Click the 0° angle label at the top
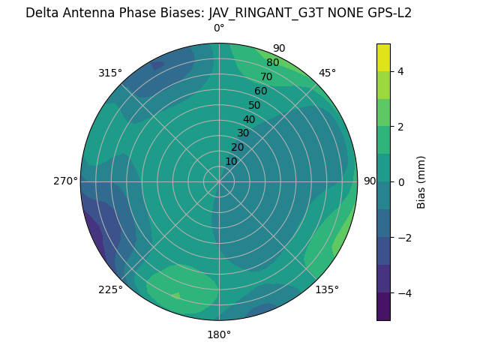219,28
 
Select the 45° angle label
327,73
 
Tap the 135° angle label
327,289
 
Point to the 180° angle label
219,334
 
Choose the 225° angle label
110,289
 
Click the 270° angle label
65,181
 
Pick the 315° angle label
110,73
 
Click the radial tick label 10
231,161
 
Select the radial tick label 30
243,133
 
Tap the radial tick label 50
254,105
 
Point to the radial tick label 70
266,76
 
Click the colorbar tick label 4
400,71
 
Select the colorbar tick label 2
400,127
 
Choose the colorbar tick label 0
400,181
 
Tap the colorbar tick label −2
403,237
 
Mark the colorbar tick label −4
403,292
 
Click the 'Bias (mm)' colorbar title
421,181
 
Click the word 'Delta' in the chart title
42,13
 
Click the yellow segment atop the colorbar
383,57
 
